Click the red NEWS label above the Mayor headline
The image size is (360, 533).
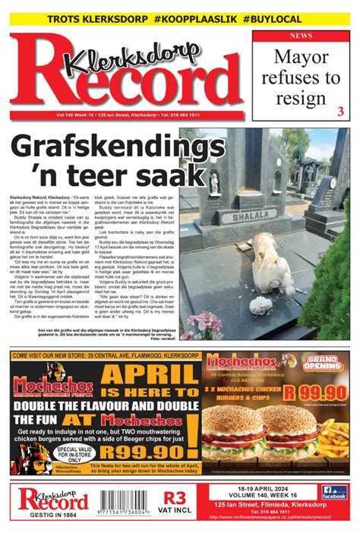[x=299, y=36]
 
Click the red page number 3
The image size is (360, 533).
[x=339, y=112]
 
